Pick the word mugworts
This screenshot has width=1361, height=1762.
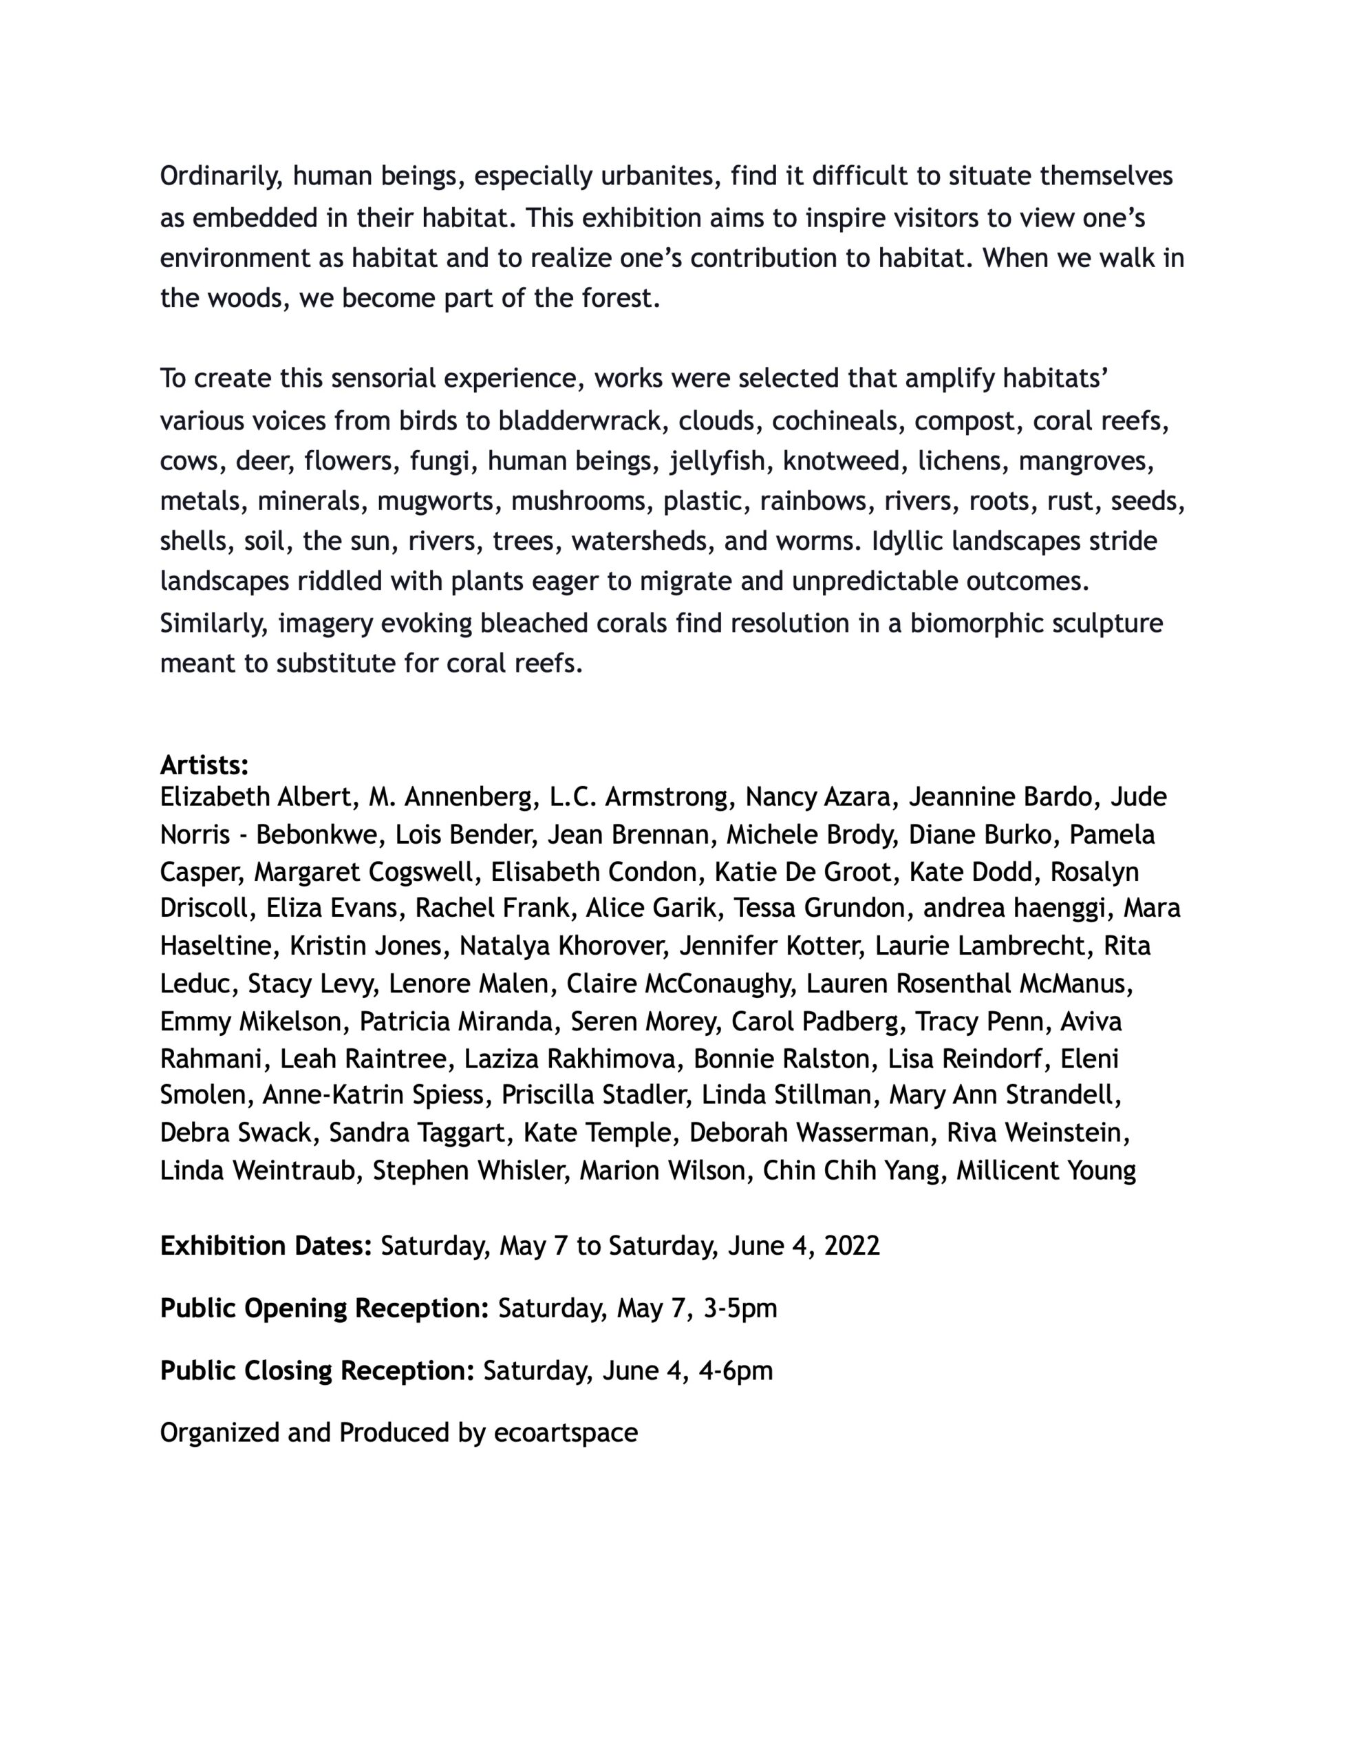436,502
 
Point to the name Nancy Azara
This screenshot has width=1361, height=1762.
818,797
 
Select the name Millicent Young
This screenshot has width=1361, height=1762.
1046,1171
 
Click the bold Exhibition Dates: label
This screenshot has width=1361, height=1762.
266,1246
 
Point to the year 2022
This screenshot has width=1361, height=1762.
852,1246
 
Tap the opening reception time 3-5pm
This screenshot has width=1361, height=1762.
740,1308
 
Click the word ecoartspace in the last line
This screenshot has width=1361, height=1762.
566,1433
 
